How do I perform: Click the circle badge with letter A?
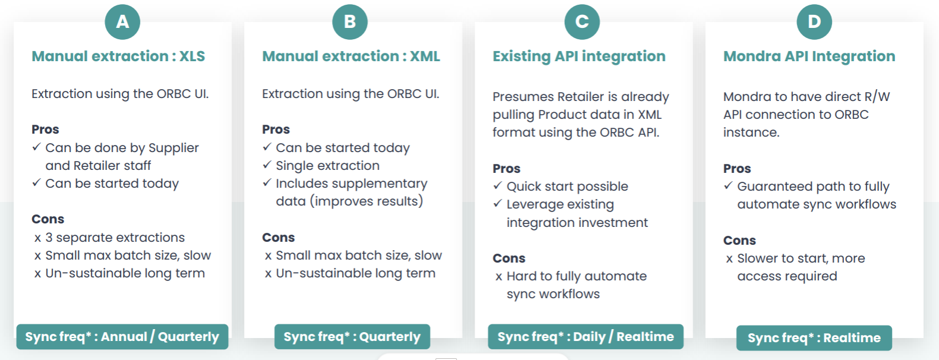pos(122,22)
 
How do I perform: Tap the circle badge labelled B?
pos(350,22)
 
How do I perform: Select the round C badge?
pos(582,22)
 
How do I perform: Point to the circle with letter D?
pos(814,22)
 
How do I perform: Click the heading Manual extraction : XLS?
pos(118,56)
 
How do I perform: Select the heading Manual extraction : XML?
pos(351,56)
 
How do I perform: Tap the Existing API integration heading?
pos(579,56)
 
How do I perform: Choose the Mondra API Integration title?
pos(809,56)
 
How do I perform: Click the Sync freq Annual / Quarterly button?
pos(122,336)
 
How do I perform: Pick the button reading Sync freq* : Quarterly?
pos(352,336)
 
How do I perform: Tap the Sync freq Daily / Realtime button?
pos(586,336)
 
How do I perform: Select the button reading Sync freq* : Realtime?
pos(814,338)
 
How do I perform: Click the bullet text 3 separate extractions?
pos(115,238)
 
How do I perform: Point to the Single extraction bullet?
pos(327,166)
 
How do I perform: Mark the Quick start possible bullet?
pos(567,187)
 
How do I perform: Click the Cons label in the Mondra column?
pos(739,241)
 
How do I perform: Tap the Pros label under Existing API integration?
pos(507,169)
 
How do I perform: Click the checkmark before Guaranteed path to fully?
pos(728,185)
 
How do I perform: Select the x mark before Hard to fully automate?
pos(499,277)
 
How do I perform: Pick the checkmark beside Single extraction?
pos(267,165)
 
